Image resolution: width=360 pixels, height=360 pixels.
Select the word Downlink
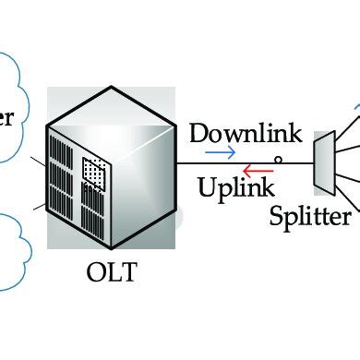click(245, 133)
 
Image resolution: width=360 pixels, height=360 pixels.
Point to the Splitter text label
click(310, 217)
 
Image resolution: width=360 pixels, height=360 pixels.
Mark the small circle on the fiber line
click(279, 161)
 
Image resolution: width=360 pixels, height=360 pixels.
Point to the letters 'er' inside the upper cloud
click(7, 117)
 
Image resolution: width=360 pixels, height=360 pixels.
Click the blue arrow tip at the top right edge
click(355, 109)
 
